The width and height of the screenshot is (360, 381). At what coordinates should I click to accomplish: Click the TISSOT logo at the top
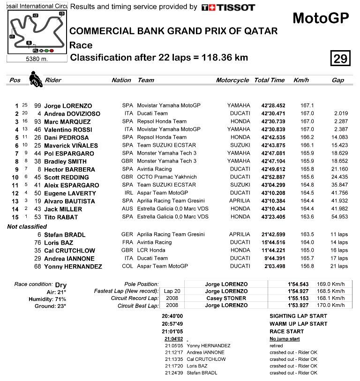pos(228,7)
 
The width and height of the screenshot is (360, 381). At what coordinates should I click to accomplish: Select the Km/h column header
pos(301,80)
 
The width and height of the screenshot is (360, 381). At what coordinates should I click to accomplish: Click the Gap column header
pos(337,80)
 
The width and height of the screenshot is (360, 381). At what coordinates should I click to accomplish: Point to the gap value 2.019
pos(340,113)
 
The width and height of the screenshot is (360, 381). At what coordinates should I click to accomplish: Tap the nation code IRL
pos(127,193)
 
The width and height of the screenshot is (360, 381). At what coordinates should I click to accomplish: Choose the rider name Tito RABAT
pos(61,217)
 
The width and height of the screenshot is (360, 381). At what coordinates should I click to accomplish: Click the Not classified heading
pos(27,226)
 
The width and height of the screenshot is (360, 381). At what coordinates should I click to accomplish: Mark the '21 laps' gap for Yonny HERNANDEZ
pos(339,266)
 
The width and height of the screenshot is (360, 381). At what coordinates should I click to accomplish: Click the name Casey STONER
pos(225,298)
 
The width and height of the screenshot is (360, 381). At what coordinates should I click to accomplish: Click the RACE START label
pos(287,331)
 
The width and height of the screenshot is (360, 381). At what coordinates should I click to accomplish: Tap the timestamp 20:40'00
pos(172,316)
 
